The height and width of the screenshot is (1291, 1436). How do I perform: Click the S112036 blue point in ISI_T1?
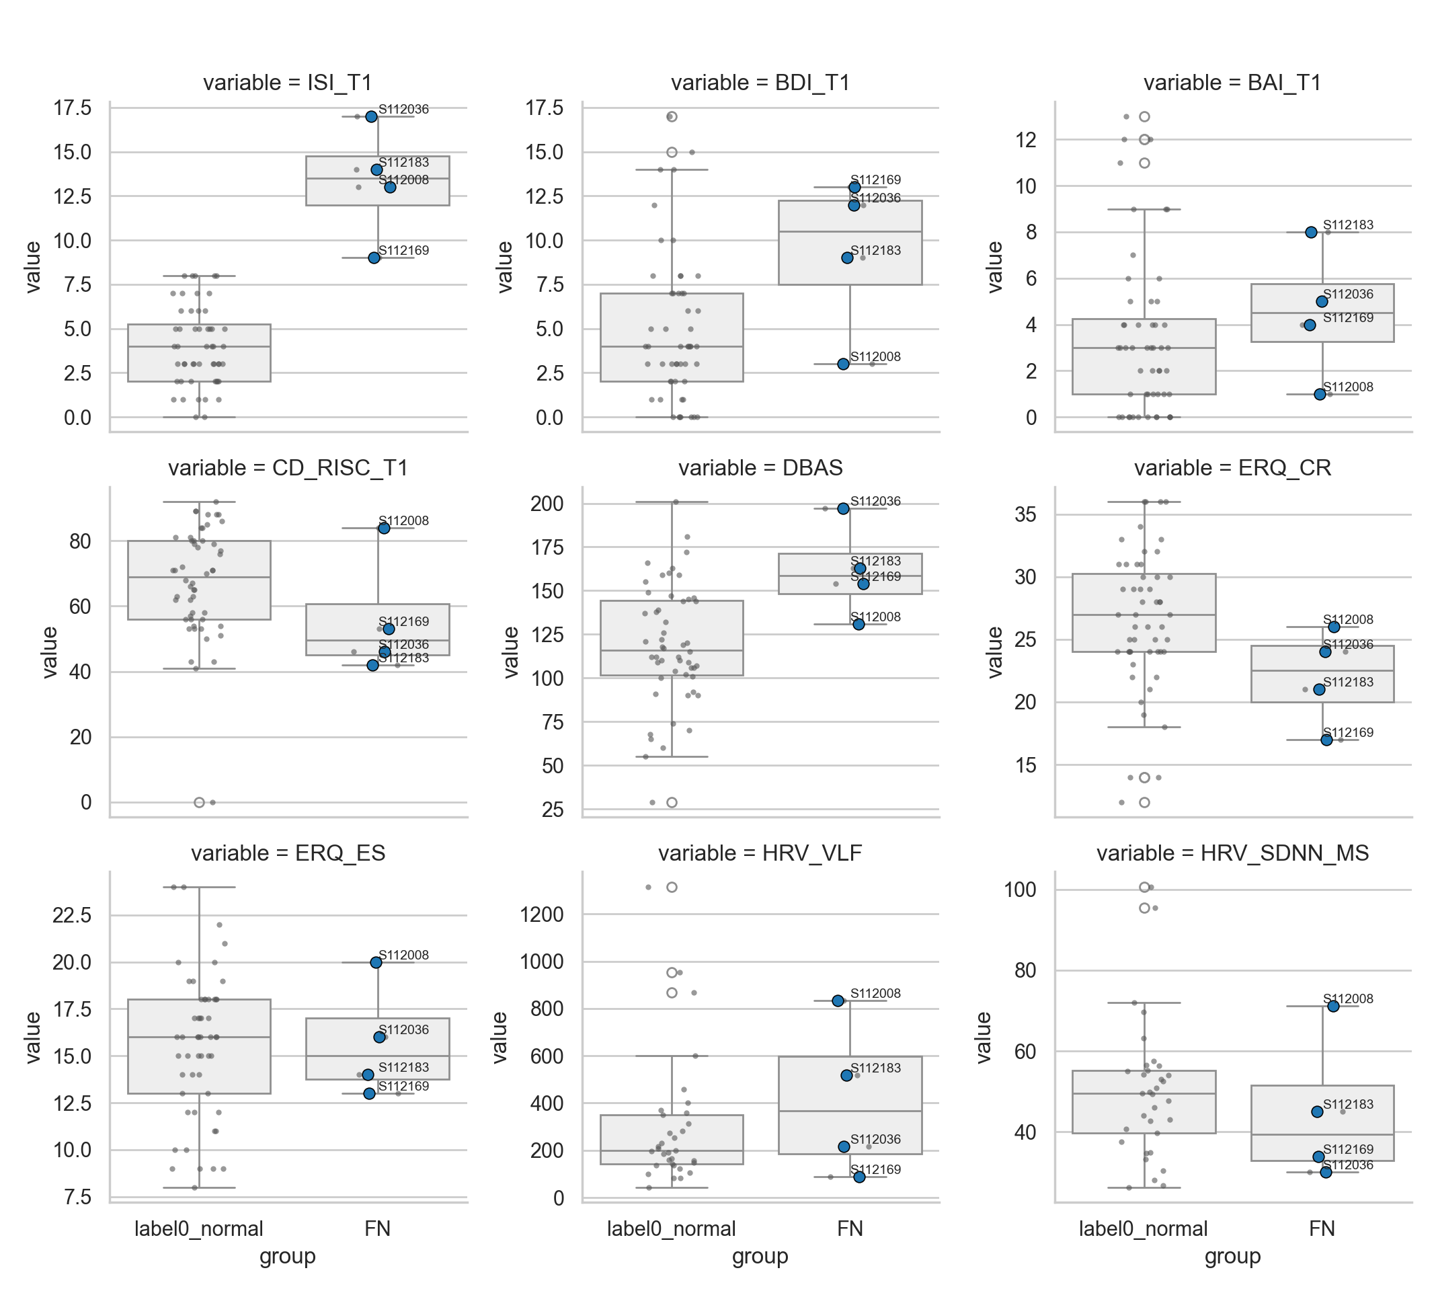[372, 116]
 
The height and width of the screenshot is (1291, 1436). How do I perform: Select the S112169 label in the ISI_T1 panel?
[403, 250]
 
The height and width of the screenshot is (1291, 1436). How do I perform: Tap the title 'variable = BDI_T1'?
[760, 83]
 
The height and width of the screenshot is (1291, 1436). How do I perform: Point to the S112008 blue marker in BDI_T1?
[843, 364]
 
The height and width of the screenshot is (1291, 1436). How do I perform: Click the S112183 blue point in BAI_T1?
[1311, 232]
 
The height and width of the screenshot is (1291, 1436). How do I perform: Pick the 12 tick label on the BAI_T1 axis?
[1025, 140]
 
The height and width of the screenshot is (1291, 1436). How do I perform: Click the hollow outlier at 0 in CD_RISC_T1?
[199, 802]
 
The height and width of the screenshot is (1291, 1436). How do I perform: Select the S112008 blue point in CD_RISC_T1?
[384, 528]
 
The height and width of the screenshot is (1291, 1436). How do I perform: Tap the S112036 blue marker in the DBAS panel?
[843, 508]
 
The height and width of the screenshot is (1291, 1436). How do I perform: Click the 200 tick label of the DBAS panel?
[547, 504]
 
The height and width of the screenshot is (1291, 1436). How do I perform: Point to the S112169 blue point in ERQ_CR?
[1326, 740]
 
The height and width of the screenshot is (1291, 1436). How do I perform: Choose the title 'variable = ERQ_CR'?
[1232, 468]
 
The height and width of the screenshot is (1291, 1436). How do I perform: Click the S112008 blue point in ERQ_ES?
[376, 963]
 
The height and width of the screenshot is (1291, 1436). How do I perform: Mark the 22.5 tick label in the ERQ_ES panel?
[72, 916]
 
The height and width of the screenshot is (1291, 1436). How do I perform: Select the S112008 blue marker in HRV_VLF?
[838, 1001]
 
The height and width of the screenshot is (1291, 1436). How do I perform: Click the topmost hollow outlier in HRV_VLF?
[672, 888]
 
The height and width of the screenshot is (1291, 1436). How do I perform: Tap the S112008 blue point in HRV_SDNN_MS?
[1333, 1007]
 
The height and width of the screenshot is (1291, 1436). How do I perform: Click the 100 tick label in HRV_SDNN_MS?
[1021, 890]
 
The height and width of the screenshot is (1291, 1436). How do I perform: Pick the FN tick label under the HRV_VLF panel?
[850, 1228]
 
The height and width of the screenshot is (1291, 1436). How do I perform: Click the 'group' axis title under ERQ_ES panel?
[287, 1256]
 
